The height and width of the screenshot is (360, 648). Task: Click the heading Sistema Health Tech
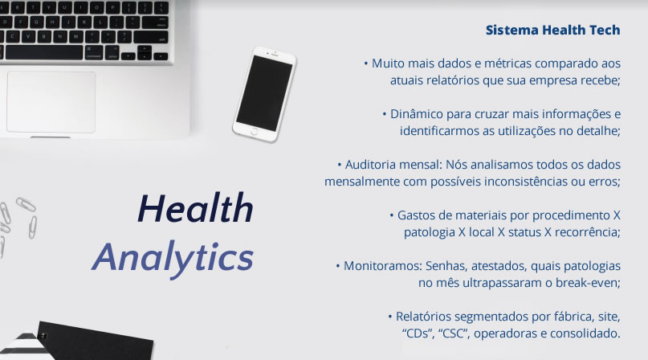552,30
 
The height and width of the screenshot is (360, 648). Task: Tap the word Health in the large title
195,208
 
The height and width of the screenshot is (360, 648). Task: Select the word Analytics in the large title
173,258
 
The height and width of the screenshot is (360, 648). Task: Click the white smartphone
264,94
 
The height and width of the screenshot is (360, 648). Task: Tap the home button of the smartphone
255,131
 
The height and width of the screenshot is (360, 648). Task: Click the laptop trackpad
51,102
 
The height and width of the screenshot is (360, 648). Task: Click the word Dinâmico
416,114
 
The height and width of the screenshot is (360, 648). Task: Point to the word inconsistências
526,182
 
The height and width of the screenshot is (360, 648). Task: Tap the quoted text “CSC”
454,333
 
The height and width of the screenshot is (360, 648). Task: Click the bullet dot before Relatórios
389,317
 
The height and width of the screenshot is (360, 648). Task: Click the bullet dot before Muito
365,63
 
